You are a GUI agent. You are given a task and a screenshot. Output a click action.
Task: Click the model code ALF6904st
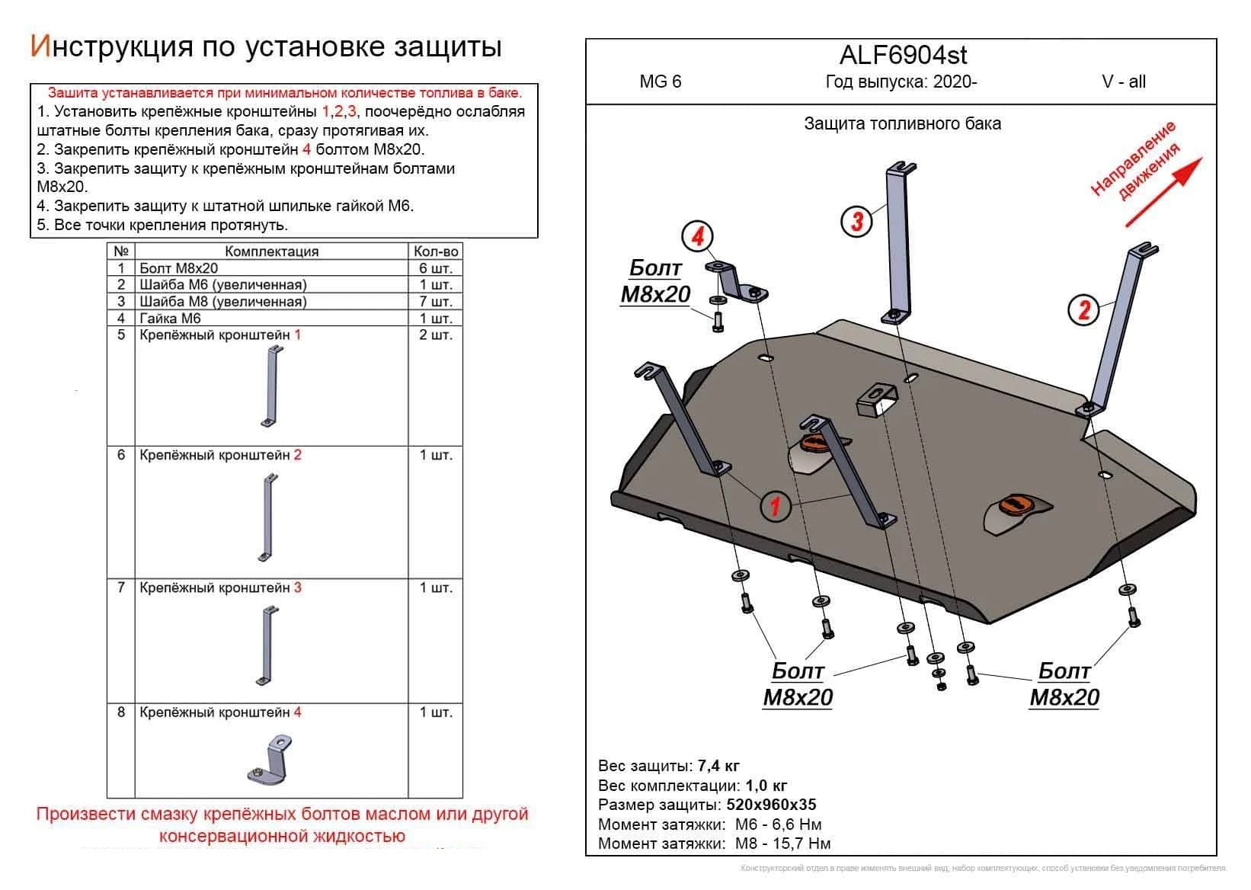(903, 55)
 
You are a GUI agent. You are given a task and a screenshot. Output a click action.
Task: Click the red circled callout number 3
(857, 222)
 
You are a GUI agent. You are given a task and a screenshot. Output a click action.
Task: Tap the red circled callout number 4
(697, 237)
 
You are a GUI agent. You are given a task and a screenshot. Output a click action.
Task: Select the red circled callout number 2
(1084, 309)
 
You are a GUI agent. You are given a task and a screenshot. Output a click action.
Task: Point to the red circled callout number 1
(775, 505)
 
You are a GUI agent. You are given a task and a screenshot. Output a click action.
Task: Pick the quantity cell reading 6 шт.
(436, 268)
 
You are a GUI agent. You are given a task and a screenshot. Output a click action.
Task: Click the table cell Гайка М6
(170, 319)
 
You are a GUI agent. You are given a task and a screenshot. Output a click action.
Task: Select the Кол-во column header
(436, 251)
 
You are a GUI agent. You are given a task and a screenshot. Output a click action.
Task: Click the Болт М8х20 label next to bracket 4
(654, 281)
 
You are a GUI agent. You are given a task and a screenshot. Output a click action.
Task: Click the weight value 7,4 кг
(718, 766)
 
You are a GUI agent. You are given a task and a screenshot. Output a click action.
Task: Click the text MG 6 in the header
(661, 82)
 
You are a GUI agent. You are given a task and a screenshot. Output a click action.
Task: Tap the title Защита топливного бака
(902, 123)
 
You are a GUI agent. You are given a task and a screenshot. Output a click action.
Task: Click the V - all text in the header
(1123, 82)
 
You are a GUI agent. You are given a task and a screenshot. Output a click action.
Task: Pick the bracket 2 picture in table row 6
(267, 518)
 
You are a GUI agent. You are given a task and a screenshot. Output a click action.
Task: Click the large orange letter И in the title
(40, 46)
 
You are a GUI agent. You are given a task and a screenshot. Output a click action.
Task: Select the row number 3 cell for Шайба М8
(120, 302)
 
